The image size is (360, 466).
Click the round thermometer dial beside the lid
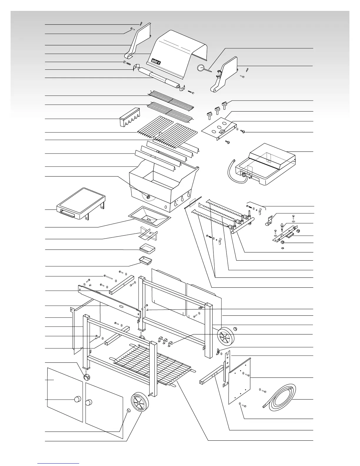click(201, 68)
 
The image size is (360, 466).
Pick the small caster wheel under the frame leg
click(87, 377)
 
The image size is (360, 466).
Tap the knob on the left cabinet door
click(77, 399)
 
